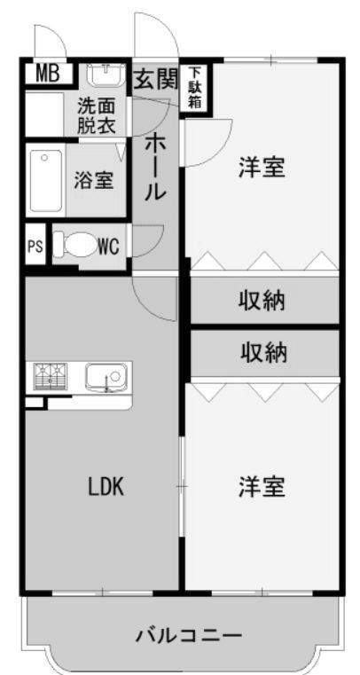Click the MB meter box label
[47, 74]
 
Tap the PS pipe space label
[35, 247]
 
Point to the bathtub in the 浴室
[44, 180]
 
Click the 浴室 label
[94, 180]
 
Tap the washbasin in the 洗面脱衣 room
[106, 75]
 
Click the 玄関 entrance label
[155, 79]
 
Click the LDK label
[106, 487]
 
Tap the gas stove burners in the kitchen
[51, 376]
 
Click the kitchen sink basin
[106, 377]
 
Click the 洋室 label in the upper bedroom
[262, 168]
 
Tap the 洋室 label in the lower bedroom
[262, 487]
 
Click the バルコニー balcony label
[189, 635]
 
